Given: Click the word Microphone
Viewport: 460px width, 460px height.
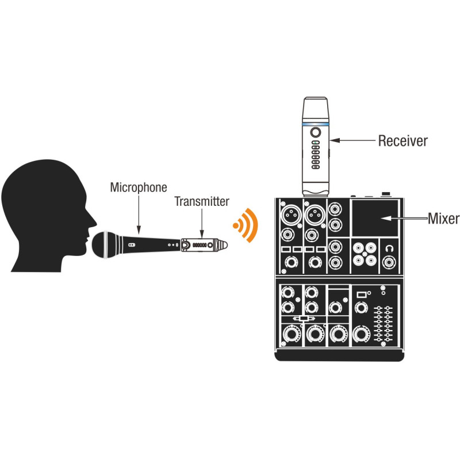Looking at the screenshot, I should pos(138,187).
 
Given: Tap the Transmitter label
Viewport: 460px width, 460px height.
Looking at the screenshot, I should pos(202,201).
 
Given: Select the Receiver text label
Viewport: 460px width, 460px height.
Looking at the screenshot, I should pos(402,140).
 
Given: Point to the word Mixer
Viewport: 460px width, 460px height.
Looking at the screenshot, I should pos(443,218).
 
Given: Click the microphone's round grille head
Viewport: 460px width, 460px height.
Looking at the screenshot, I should pos(106,244).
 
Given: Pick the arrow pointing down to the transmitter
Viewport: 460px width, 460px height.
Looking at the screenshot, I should pos(202,224).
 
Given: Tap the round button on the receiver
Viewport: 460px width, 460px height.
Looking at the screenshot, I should pos(315,132).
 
